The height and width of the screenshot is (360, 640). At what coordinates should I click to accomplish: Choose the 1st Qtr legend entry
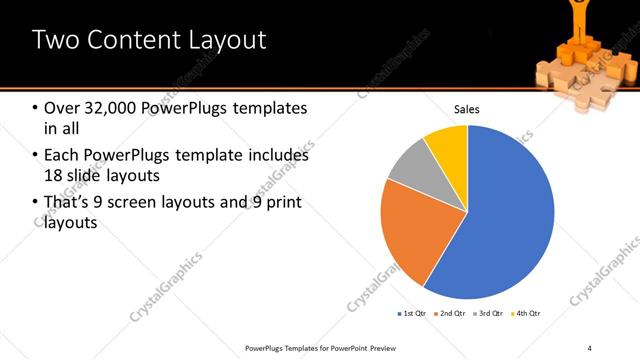point(413,313)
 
